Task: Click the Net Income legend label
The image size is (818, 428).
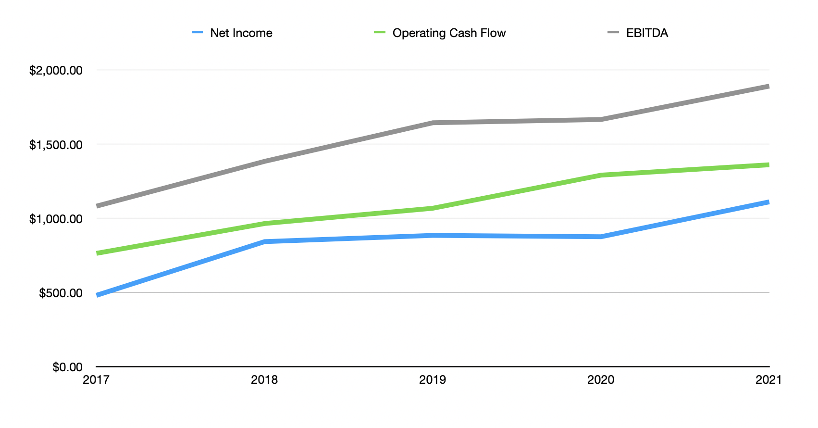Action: tap(241, 33)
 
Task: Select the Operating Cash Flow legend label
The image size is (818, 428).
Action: tap(449, 33)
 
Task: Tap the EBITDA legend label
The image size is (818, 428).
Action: tap(647, 33)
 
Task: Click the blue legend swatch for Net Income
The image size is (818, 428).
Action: tap(197, 33)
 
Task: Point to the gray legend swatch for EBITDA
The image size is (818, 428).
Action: tap(613, 33)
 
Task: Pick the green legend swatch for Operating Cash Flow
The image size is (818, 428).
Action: tap(380, 33)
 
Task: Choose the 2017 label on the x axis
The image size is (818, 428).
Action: tap(96, 380)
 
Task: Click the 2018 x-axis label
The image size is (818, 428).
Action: tap(264, 380)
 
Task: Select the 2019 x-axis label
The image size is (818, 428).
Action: tap(433, 380)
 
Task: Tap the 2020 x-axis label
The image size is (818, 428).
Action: tap(601, 380)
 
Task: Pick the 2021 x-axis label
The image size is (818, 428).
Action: tap(768, 380)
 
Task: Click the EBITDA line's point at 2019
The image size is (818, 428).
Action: tap(433, 123)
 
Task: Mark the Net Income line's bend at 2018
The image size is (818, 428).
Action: tap(265, 241)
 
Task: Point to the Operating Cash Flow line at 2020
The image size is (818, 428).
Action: tap(601, 175)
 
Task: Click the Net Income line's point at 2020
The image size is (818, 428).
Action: tap(601, 237)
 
